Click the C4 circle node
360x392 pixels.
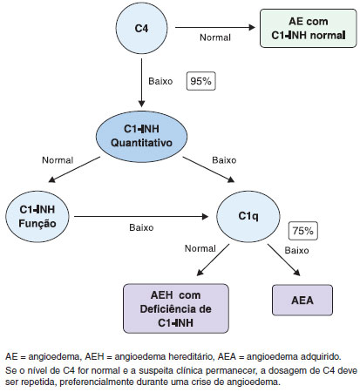[x=141, y=28]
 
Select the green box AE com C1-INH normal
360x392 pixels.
[x=308, y=28]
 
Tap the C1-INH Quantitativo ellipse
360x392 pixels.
[x=141, y=136]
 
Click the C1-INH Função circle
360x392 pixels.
[x=37, y=216]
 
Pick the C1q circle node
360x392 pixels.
[x=248, y=216]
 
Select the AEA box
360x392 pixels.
[x=302, y=300]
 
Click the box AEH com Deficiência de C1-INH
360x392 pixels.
[x=176, y=308]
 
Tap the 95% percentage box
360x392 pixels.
[x=200, y=81]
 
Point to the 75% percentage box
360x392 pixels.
[x=302, y=231]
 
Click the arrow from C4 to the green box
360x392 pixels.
[x=215, y=28]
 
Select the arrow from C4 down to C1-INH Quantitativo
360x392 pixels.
[x=141, y=83]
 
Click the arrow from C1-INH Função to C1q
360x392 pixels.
[x=141, y=216]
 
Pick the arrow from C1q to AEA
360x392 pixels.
[x=284, y=260]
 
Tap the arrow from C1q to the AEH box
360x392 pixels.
[x=213, y=260]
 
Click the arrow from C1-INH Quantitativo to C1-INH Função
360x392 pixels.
[x=74, y=170]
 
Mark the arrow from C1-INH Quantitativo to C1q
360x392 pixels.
[x=208, y=170]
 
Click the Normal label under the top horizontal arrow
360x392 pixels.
[x=215, y=37]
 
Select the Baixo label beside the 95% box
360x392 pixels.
[x=160, y=81]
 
